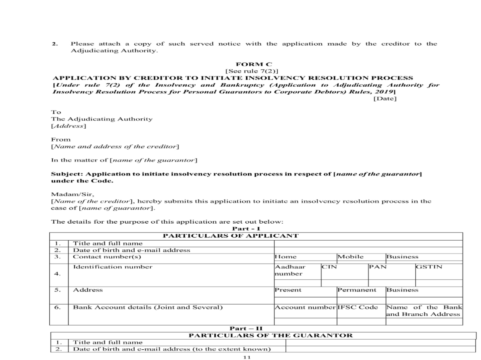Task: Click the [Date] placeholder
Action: pyautogui.click(x=385, y=99)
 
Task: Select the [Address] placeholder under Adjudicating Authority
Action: pyautogui.click(x=68, y=126)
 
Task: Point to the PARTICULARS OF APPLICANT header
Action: pyautogui.click(x=230, y=236)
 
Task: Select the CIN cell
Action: pyautogui.click(x=329, y=267)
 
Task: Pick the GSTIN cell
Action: pyautogui.click(x=429, y=267)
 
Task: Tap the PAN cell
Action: pyautogui.click(x=378, y=267)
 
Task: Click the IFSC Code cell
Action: pyautogui.click(x=358, y=307)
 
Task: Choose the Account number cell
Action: pyautogui.click(x=305, y=307)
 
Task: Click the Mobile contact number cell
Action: pyautogui.click(x=350, y=257)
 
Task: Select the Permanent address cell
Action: pyautogui.click(x=356, y=290)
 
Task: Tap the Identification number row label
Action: pyautogui.click(x=113, y=267)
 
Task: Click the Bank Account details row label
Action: pyautogui.click(x=148, y=307)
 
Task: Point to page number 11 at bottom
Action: pyautogui.click(x=247, y=357)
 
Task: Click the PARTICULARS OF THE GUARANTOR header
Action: pyautogui.click(x=271, y=335)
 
